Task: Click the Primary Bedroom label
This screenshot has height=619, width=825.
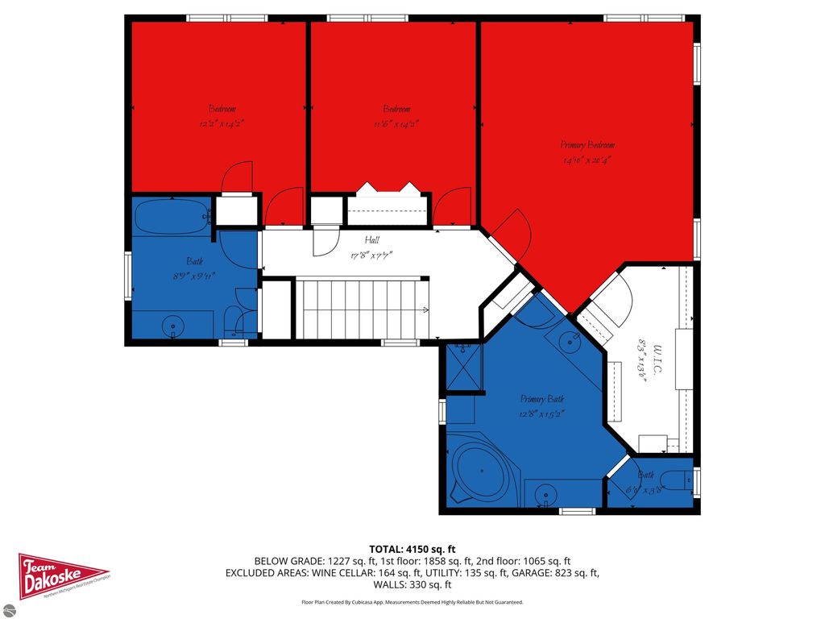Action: click(x=587, y=145)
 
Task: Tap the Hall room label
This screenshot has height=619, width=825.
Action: click(x=371, y=239)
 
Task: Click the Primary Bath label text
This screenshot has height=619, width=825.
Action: click(x=542, y=399)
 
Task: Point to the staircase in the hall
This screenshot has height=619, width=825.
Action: click(x=362, y=309)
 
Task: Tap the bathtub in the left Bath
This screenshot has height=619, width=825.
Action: click(x=168, y=218)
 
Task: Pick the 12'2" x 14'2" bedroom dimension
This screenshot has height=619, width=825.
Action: click(x=222, y=124)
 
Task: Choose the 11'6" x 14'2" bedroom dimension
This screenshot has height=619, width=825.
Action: click(x=396, y=124)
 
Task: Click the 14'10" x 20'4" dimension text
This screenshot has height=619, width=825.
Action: click(x=587, y=160)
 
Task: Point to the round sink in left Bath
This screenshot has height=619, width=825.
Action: click(x=172, y=326)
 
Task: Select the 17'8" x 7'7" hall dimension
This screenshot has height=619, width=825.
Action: click(x=371, y=255)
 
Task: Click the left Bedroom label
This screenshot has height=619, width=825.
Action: click(x=222, y=110)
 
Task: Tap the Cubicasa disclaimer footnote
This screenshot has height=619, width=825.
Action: click(x=412, y=602)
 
